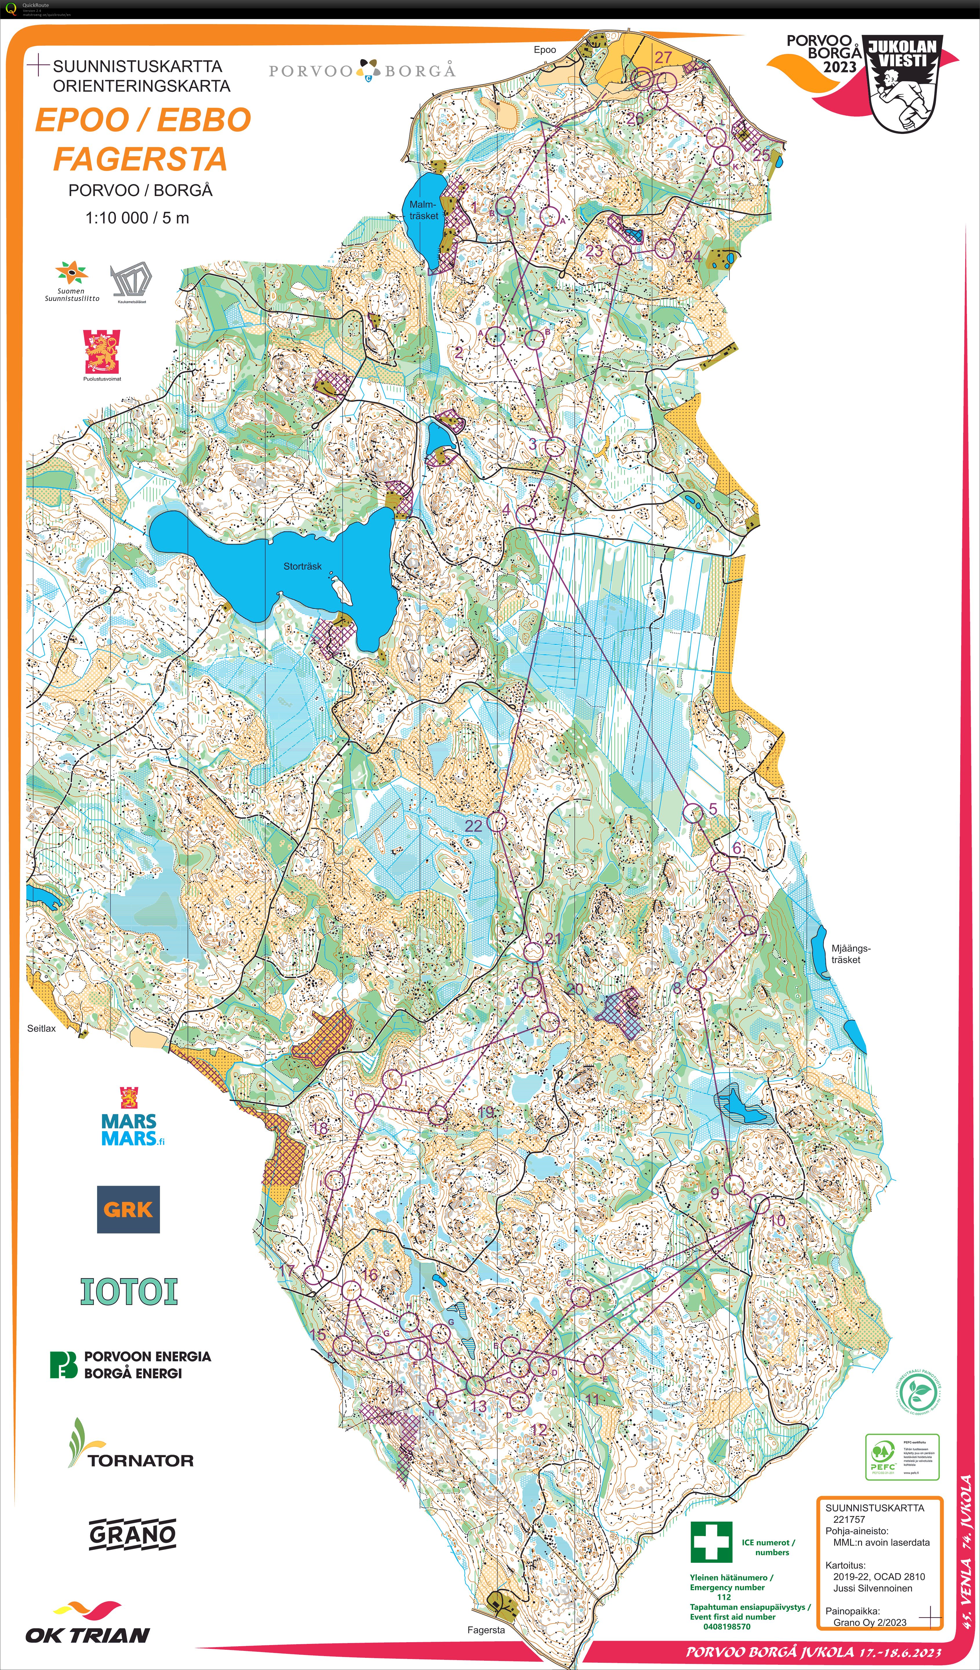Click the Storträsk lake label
(302, 566)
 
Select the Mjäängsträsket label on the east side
(850, 954)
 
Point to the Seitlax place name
(41, 1029)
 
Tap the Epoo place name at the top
(545, 50)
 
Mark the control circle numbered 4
(526, 515)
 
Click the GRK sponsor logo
(128, 1209)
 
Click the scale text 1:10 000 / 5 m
(137, 218)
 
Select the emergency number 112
(723, 1596)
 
